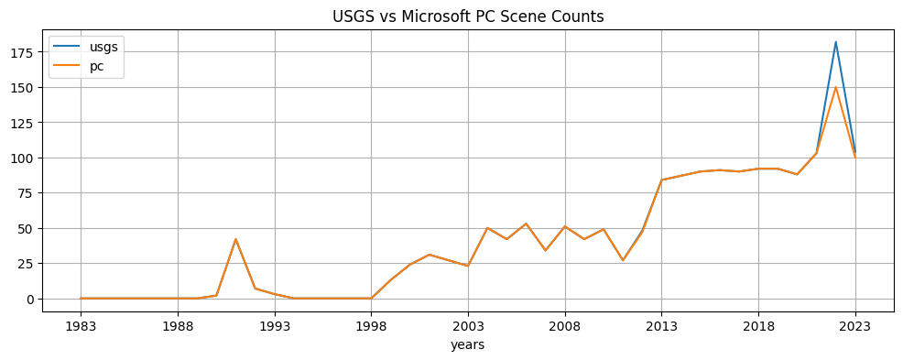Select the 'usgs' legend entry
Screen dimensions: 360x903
pyautogui.click(x=103, y=48)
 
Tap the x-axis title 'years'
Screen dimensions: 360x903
pyautogui.click(x=467, y=345)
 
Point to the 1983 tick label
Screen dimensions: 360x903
pyautogui.click(x=81, y=325)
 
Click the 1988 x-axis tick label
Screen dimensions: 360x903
pyautogui.click(x=178, y=325)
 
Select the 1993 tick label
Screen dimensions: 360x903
pyautogui.click(x=275, y=325)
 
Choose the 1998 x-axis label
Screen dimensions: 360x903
pyautogui.click(x=371, y=325)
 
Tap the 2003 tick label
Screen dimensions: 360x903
pyautogui.click(x=468, y=325)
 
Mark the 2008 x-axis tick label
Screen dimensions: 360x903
pyautogui.click(x=565, y=325)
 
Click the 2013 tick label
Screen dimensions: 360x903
pyautogui.click(x=661, y=325)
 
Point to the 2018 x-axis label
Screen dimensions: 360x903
pyautogui.click(x=758, y=325)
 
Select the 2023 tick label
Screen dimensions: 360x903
pyautogui.click(x=855, y=325)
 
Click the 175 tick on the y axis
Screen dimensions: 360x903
pyautogui.click(x=25, y=52)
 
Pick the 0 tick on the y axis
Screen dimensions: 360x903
pyautogui.click(x=31, y=299)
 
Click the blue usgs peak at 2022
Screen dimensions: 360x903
pyautogui.click(x=835, y=42)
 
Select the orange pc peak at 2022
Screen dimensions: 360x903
pyautogui.click(x=835, y=88)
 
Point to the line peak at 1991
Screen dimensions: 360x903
pyautogui.click(x=235, y=239)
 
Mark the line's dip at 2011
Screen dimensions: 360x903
pyautogui.click(x=623, y=260)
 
